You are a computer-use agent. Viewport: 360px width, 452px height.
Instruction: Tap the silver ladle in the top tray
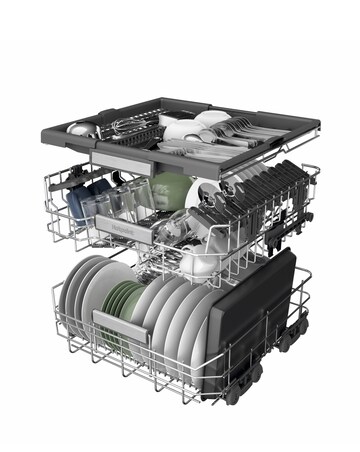click(80, 129)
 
